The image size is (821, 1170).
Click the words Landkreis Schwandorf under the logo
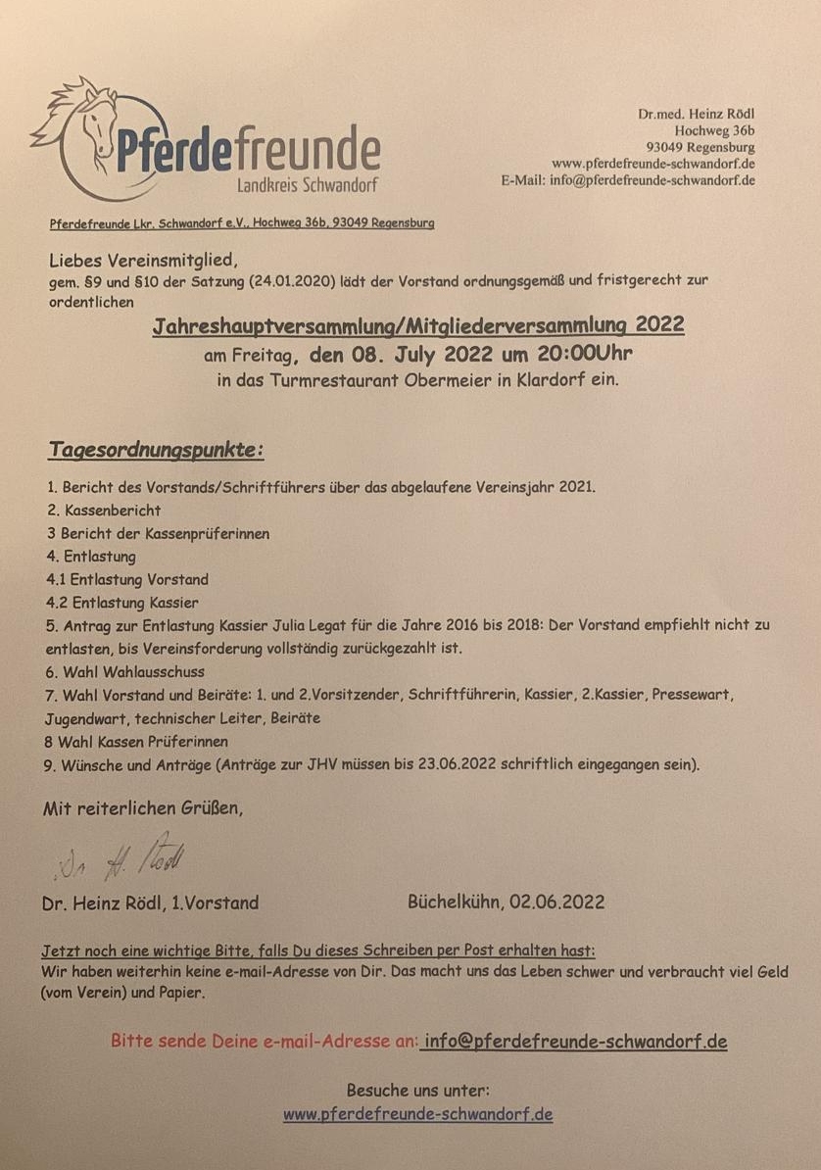308,185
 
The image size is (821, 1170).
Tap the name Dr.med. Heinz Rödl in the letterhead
696,114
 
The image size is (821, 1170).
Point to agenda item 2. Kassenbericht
103,510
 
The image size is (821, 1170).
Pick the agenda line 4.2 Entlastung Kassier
121,603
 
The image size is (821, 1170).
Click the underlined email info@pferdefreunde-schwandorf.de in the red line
574,1041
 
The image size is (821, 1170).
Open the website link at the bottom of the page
418,1114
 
